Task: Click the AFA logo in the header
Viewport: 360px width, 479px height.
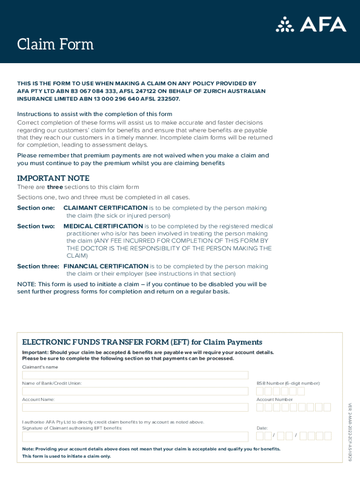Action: point(311,24)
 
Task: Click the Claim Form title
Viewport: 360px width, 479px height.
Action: point(55,44)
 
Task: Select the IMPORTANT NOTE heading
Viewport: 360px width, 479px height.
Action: point(53,178)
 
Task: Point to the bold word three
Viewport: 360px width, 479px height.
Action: point(55,187)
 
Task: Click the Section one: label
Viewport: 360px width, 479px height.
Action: point(36,208)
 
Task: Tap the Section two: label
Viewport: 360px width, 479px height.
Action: point(36,226)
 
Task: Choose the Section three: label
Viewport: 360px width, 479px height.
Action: point(38,266)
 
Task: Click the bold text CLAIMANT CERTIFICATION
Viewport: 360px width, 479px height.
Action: point(105,208)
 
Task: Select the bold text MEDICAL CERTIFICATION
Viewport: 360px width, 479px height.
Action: point(103,226)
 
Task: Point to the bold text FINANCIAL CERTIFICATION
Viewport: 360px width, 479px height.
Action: point(106,266)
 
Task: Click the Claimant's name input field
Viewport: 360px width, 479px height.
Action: point(135,375)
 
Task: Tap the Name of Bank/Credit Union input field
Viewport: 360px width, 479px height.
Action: point(135,391)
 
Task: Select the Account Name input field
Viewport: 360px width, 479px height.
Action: point(135,407)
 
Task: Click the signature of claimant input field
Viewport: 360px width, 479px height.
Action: point(135,436)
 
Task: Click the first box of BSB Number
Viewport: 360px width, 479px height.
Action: point(260,391)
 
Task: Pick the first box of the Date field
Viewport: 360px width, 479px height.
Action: point(260,436)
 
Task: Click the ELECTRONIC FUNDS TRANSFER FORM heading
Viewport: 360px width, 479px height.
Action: point(142,342)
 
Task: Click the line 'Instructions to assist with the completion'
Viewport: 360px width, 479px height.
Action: point(95,114)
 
